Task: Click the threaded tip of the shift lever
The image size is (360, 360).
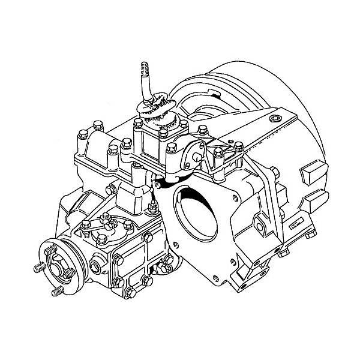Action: [144, 68]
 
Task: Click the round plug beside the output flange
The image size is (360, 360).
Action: [96, 264]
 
